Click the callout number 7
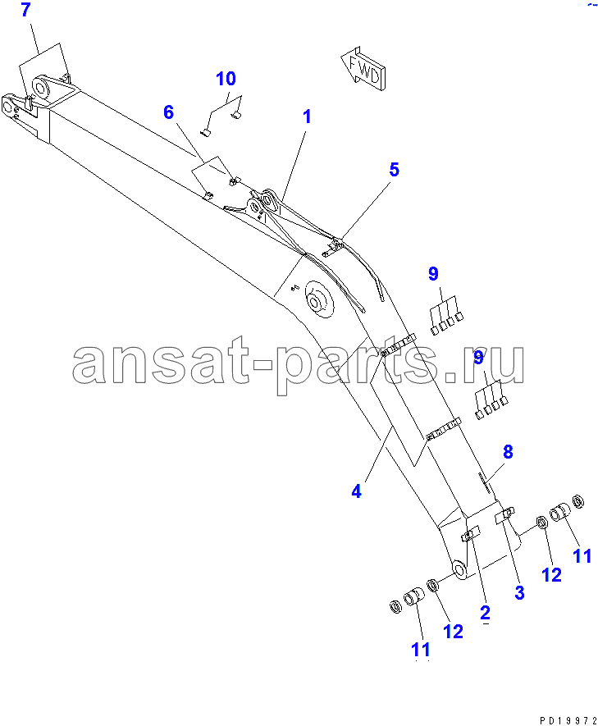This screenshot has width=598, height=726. coord(25,10)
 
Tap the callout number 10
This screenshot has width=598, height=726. coord(226,79)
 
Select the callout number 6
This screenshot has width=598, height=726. coord(168,112)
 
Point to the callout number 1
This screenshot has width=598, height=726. coord(307,116)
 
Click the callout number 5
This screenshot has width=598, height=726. coord(394,170)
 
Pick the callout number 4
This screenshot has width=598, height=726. coord(356,491)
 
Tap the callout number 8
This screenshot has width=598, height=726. coord(508,451)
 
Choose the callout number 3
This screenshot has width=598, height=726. coord(519,592)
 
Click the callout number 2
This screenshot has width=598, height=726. coord(485,613)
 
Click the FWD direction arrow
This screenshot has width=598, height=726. coord(363,70)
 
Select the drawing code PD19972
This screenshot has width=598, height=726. coord(568,721)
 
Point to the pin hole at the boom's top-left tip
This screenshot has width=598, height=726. coord(8,107)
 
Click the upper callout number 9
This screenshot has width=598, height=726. coord(433,274)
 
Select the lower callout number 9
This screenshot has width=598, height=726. coord(478,358)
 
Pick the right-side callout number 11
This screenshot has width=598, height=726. coord(582,556)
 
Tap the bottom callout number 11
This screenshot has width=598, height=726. coord(420,650)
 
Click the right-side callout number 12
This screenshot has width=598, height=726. coord(551,575)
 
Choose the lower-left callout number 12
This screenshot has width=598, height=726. coord(453,631)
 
